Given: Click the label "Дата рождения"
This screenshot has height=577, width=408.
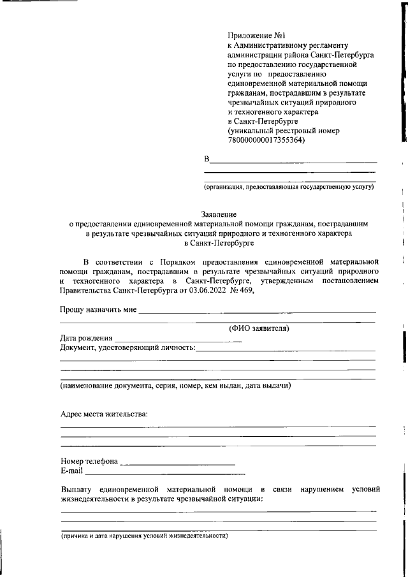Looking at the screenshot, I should coord(87,338).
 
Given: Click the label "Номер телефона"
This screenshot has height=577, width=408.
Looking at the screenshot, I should coord(89,462).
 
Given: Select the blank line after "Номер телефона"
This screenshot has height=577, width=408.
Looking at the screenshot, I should coord(177,463).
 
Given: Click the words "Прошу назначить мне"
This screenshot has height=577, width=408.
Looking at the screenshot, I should coord(99,310).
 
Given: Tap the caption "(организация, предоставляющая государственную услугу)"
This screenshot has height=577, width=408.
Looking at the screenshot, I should coord(289,187).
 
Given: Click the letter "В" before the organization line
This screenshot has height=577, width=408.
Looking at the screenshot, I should coord(207,158).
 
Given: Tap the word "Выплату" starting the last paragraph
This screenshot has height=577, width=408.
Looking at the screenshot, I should coord(76,489).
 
